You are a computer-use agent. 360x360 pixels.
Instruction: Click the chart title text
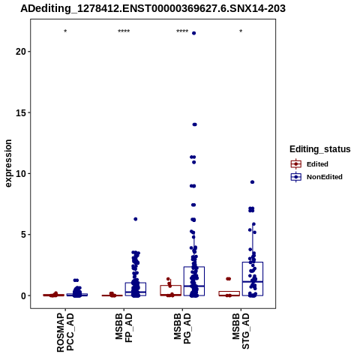coord(153,8)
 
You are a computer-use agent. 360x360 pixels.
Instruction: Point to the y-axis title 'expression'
coord(8,163)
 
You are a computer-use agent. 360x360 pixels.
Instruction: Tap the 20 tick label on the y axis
coord(21,52)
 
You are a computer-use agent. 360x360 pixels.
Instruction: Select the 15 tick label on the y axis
coord(21,112)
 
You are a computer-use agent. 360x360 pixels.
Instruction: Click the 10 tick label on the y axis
coord(21,173)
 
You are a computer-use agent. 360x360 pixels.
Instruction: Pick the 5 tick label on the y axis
coord(23,235)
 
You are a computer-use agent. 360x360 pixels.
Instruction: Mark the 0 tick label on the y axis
coord(23,295)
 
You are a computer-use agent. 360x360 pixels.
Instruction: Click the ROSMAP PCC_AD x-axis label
coord(65,332)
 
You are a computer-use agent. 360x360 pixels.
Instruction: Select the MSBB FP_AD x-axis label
coord(124,328)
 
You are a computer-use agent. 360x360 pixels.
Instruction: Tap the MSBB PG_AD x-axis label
coord(182,328)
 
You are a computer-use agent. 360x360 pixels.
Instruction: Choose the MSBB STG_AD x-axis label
coord(241,331)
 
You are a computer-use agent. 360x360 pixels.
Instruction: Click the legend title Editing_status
coord(320,149)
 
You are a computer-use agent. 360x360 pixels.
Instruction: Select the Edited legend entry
coord(310,164)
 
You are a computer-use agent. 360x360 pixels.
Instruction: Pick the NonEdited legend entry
coord(316,177)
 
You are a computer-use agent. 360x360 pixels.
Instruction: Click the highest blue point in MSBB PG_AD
coord(193,33)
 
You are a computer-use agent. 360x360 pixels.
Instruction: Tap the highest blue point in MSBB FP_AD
coord(136,219)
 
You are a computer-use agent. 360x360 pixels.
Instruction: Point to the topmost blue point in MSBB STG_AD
coord(252,182)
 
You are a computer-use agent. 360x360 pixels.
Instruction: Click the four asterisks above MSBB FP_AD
coord(124,31)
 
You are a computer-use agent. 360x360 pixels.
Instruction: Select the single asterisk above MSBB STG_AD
coord(241,31)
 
